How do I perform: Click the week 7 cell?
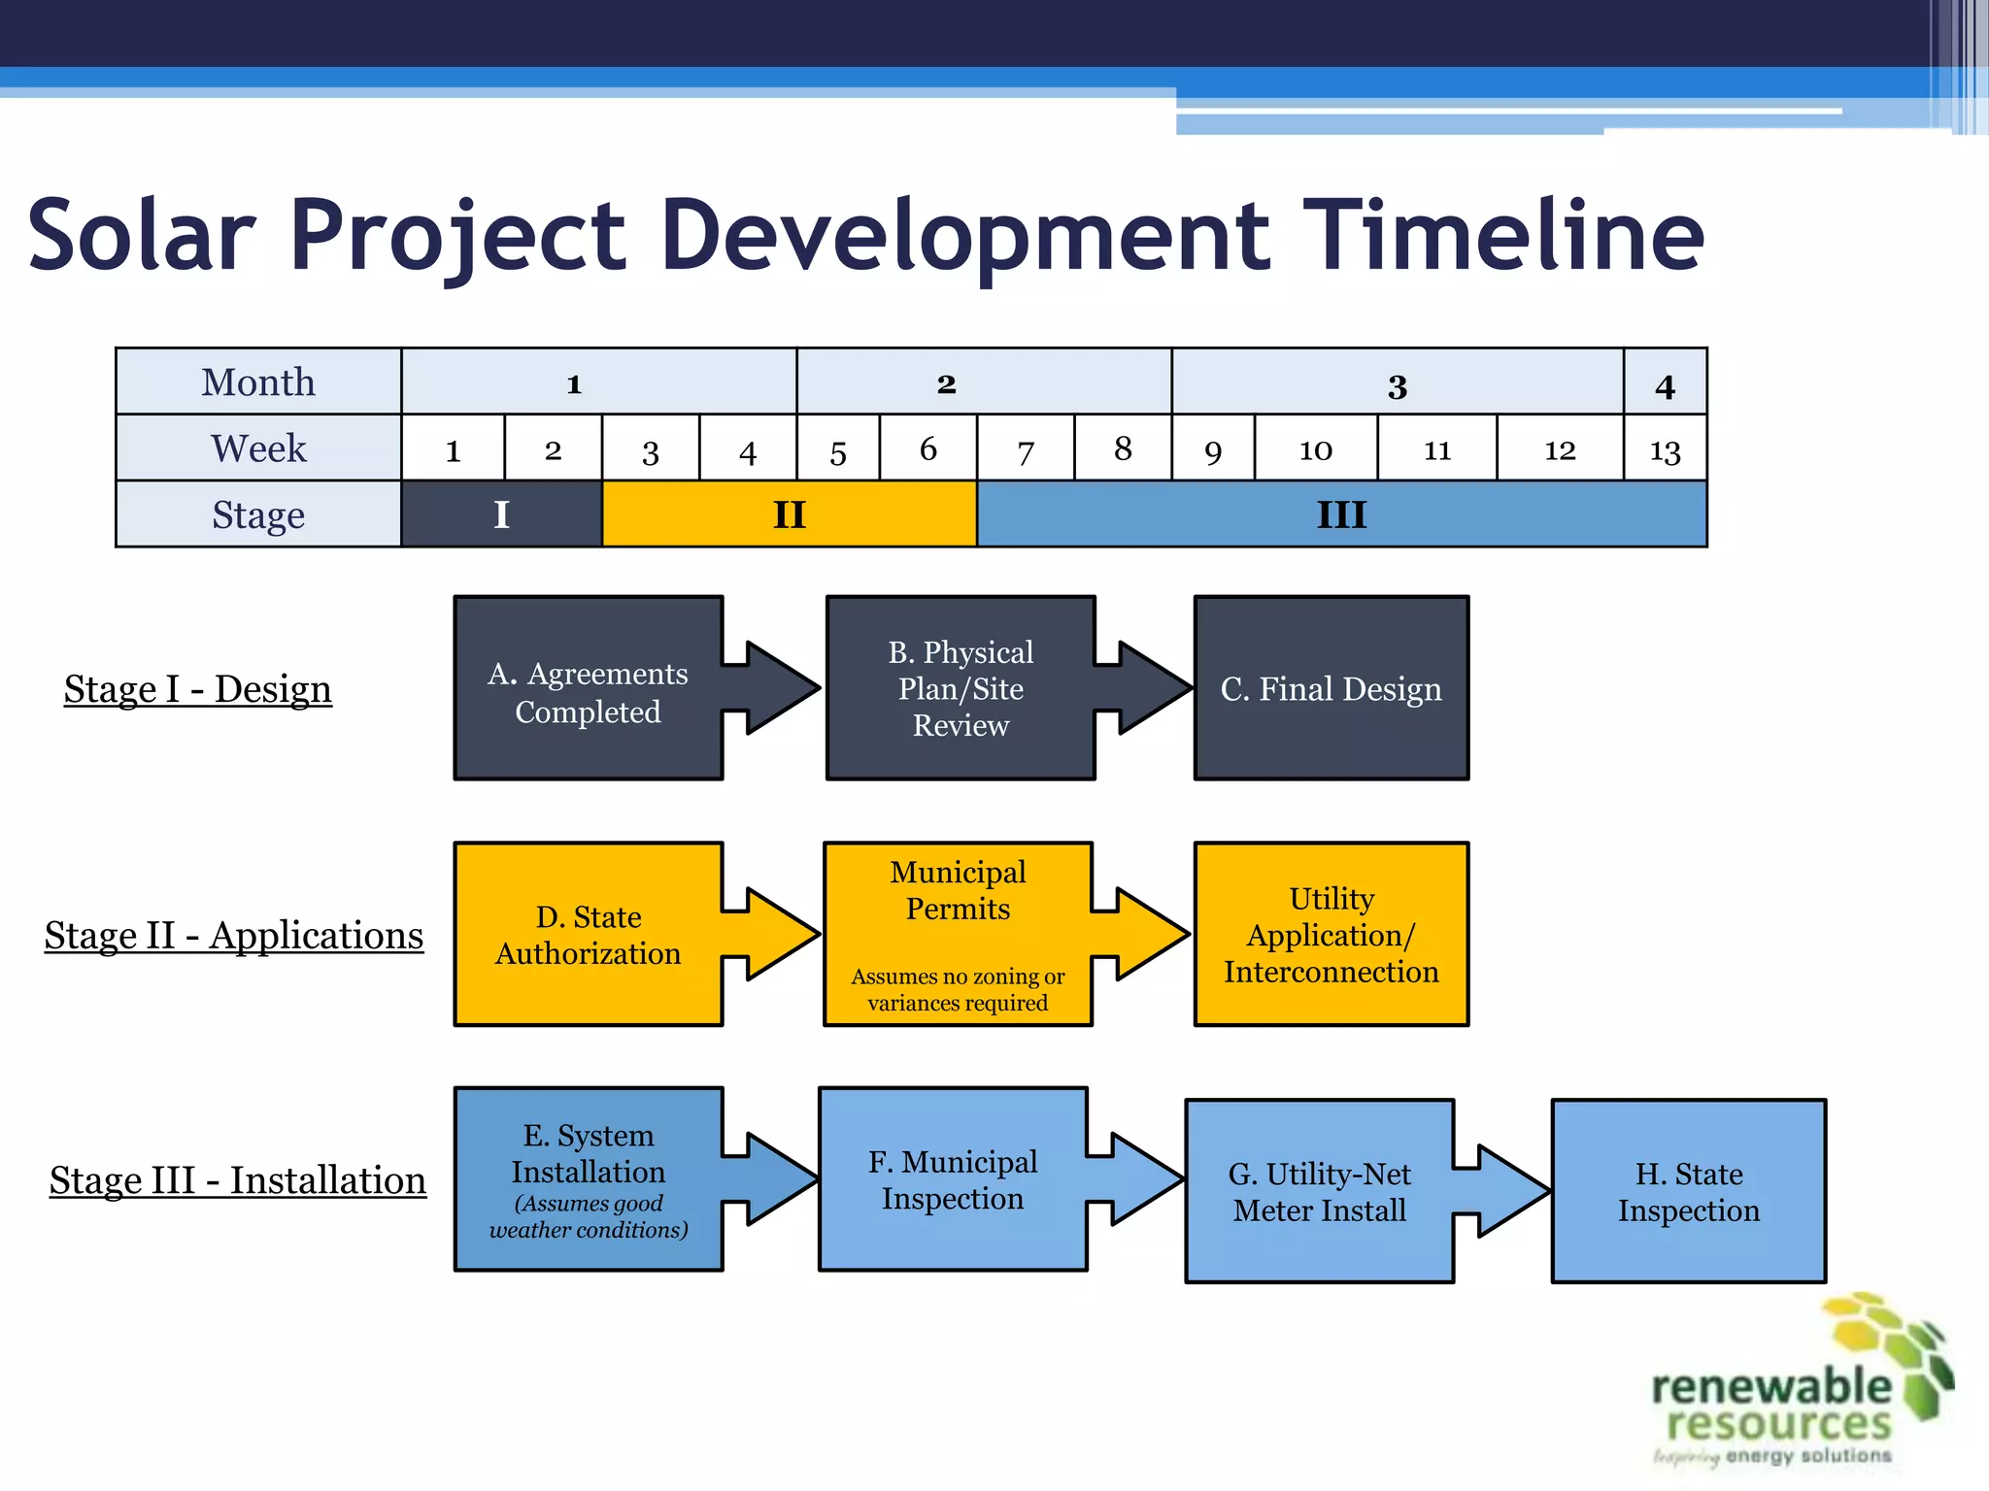[x=1026, y=448]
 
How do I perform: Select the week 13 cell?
[x=1665, y=448]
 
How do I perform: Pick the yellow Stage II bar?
[x=789, y=514]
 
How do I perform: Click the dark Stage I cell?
[x=501, y=514]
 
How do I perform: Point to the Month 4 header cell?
[x=1665, y=382]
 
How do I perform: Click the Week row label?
[x=258, y=448]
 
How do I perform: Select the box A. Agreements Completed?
[x=588, y=689]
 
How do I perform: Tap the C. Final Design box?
[x=1331, y=689]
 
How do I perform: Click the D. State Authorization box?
[x=588, y=935]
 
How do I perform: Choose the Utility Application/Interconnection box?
[x=1331, y=935]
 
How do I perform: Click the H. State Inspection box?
[x=1688, y=1192]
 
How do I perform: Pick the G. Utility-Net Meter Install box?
[x=1319, y=1192]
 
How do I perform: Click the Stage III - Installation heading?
[x=238, y=1180]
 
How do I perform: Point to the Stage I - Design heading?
[x=198, y=689]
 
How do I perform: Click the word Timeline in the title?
[x=1501, y=235]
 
